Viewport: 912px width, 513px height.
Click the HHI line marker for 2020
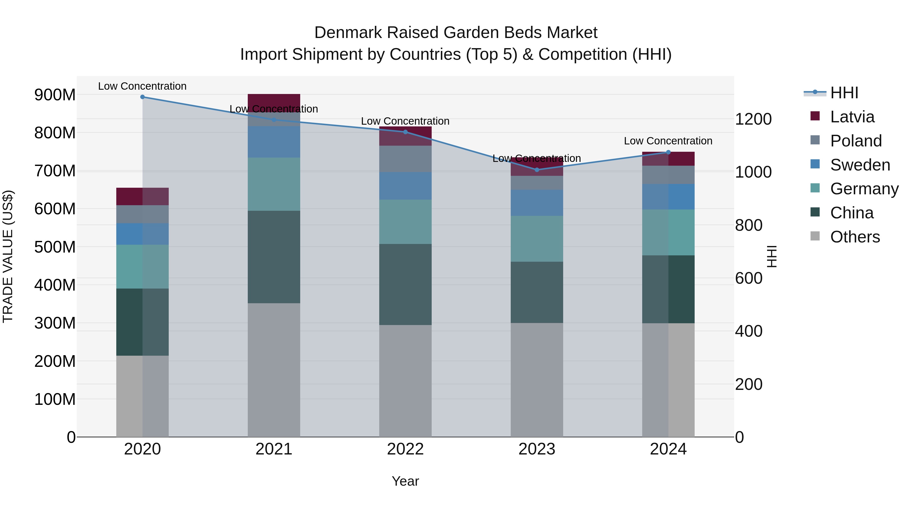click(142, 97)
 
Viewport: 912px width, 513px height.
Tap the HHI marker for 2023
click(537, 170)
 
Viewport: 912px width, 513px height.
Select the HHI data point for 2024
click(668, 152)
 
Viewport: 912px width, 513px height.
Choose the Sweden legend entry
click(860, 165)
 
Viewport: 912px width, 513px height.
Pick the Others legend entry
click(855, 237)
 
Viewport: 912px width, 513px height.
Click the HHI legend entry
click(844, 93)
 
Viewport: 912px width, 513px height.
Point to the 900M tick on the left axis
click(55, 95)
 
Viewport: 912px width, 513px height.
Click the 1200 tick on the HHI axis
click(753, 119)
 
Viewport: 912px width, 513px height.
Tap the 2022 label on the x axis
click(405, 449)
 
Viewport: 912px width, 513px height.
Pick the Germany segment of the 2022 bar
click(405, 222)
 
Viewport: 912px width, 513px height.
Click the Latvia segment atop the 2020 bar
click(142, 197)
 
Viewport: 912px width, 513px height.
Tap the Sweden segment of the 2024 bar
click(668, 197)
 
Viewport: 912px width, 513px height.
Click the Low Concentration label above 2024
click(668, 141)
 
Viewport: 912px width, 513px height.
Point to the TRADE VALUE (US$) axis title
click(8, 256)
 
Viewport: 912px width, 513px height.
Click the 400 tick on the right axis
click(748, 331)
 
